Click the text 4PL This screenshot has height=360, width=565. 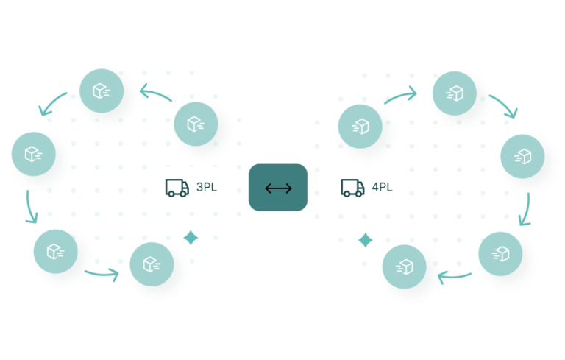(382, 187)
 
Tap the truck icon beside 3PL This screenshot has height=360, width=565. (177, 188)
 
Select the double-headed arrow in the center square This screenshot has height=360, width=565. (278, 188)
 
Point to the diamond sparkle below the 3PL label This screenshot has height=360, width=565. (191, 237)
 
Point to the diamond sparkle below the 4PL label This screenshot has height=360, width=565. (365, 240)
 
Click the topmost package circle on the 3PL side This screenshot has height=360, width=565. (102, 91)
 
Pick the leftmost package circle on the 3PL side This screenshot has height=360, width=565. (33, 154)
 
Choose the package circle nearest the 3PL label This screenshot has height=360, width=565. (195, 124)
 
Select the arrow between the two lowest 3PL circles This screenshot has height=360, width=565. (103, 275)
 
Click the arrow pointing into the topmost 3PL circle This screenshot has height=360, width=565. (153, 93)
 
